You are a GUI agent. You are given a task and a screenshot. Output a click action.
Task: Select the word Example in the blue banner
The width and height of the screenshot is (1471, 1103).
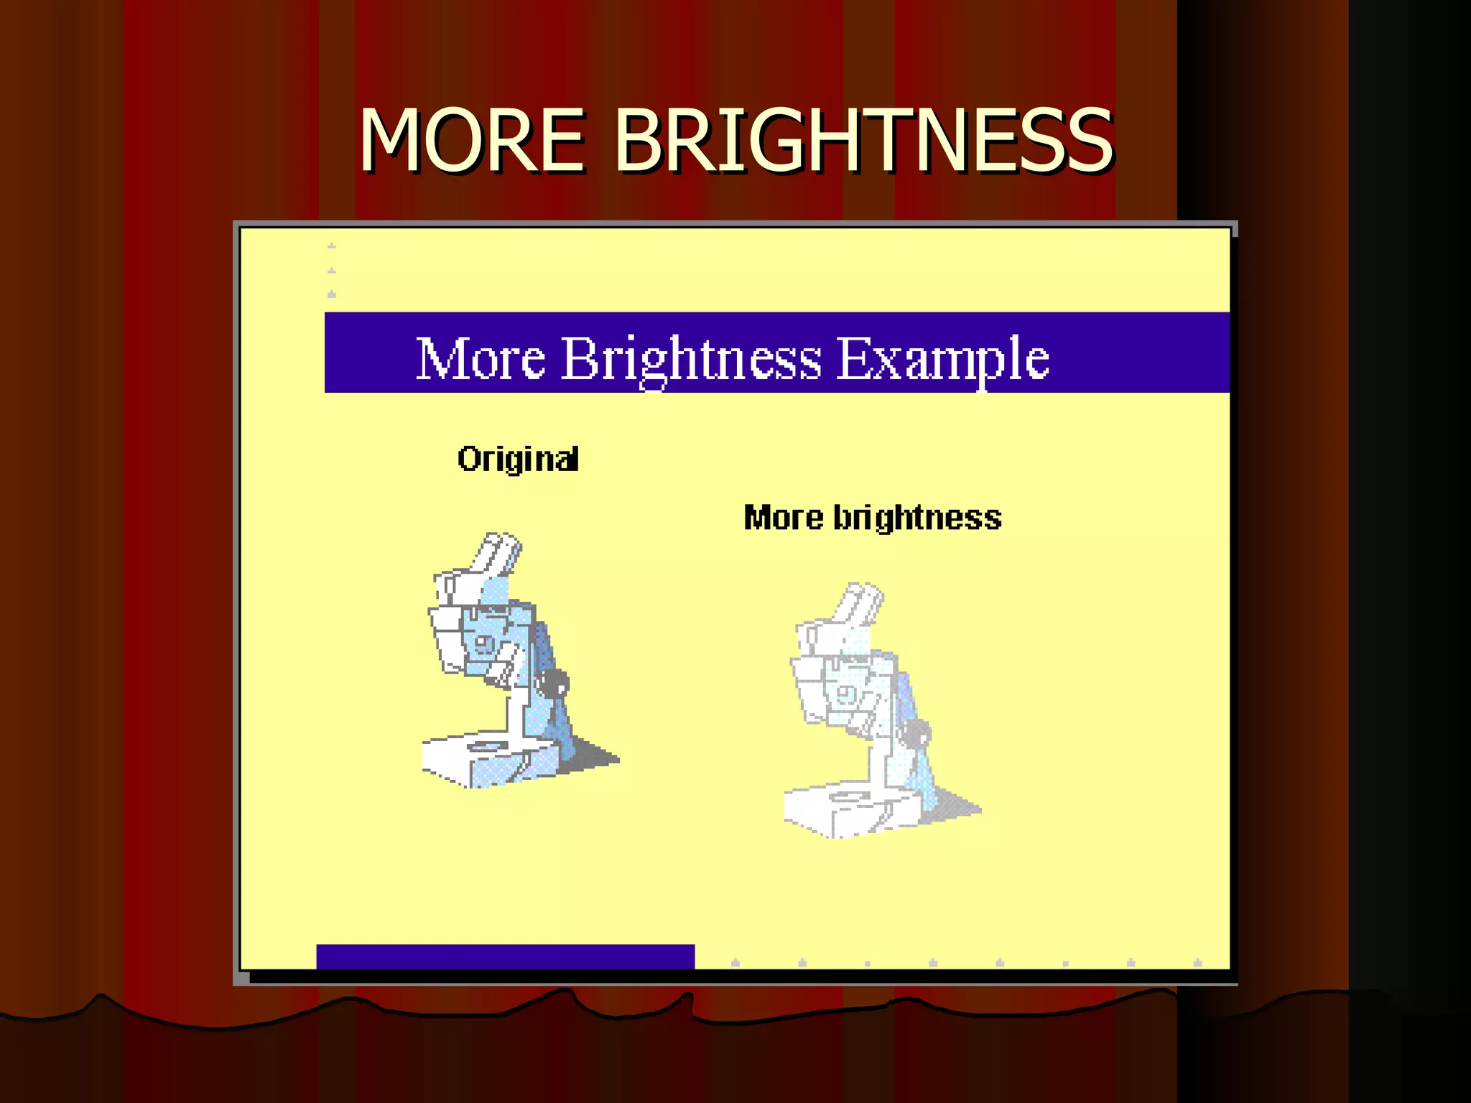942,358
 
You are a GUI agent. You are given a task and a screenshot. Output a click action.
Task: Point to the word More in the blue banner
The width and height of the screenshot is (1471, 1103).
481,358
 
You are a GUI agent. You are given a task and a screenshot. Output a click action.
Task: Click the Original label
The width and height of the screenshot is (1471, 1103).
518,459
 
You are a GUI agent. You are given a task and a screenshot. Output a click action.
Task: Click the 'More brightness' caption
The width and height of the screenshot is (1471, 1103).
872,518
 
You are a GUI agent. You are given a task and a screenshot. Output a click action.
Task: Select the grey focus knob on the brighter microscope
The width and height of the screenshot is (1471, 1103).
916,735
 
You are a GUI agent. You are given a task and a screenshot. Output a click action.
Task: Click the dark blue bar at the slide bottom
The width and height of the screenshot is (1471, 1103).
505,957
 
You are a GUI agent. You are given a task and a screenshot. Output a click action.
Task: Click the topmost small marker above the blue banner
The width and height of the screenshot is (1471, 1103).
331,246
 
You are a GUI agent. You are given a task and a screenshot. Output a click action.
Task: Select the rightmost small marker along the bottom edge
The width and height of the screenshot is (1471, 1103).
1197,963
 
